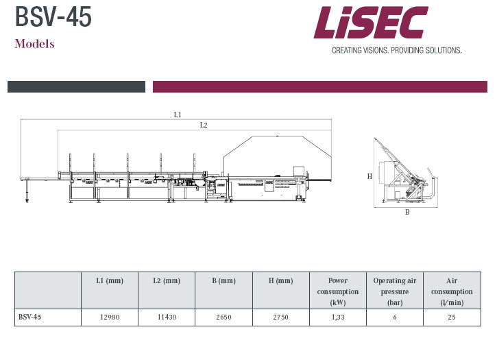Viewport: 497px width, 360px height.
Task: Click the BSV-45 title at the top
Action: (53, 17)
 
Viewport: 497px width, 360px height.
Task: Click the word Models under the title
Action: (34, 44)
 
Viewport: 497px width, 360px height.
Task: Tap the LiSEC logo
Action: (371, 22)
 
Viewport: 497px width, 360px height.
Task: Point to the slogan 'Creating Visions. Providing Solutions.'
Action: (396, 51)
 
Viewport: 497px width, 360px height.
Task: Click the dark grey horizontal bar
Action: (76, 86)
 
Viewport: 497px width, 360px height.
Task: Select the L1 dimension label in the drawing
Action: (178, 115)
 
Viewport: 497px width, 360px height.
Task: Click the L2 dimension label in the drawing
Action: (204, 125)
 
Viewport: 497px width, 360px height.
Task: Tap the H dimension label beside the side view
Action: (369, 176)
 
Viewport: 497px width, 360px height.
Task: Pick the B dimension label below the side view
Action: (407, 212)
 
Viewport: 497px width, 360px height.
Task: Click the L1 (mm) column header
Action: (110, 280)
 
